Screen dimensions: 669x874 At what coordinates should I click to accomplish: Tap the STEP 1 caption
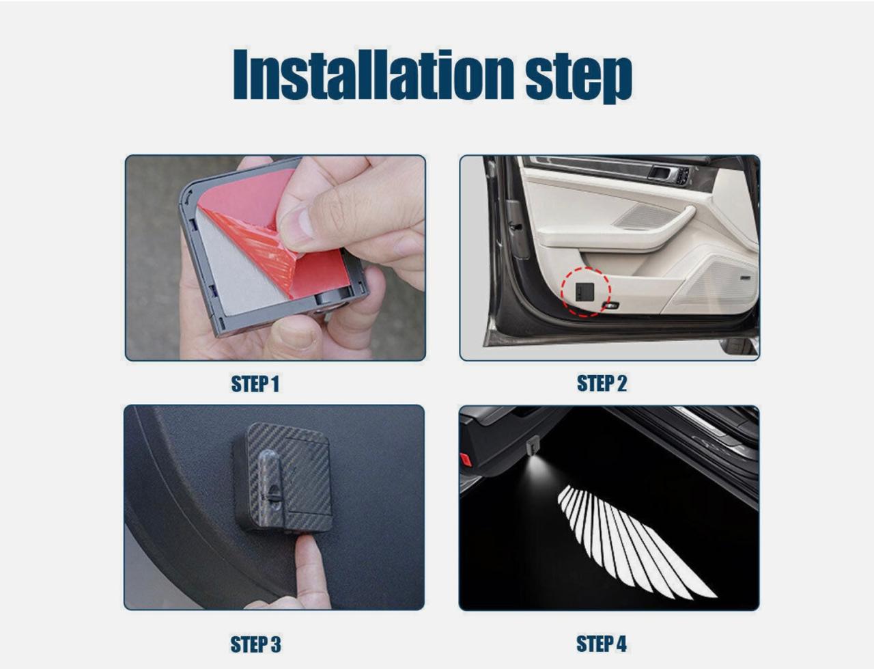[255, 384]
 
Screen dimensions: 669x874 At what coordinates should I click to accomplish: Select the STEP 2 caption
[602, 383]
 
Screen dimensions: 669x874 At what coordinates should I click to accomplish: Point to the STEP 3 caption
[255, 644]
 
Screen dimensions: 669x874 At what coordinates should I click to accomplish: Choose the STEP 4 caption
[601, 643]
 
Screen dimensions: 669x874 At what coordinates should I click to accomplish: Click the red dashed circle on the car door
[585, 292]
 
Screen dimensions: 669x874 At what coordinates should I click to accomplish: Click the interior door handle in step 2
[661, 173]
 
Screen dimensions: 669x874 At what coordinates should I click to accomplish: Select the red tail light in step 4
[466, 459]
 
